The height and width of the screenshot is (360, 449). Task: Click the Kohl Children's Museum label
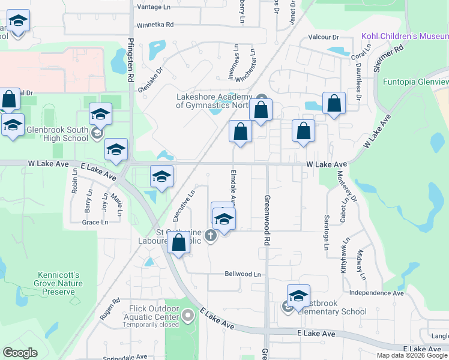click(x=405, y=37)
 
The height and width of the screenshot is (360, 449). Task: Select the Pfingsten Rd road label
click(x=130, y=60)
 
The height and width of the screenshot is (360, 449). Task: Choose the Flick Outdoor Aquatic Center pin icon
click(x=188, y=314)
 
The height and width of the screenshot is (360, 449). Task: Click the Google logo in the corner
click(x=20, y=353)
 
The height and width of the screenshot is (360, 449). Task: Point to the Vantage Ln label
click(x=154, y=7)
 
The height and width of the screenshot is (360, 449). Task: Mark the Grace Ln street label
click(x=95, y=222)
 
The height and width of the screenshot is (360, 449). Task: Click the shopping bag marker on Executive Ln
click(x=178, y=243)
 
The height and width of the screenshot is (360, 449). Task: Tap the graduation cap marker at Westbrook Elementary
click(x=298, y=295)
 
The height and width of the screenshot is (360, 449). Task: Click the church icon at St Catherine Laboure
click(x=210, y=235)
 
